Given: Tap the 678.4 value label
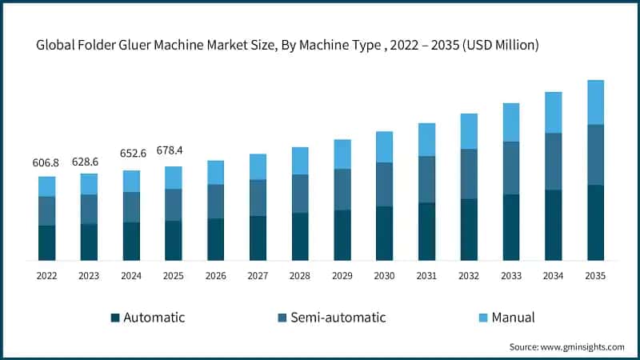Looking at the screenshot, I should click(174, 150).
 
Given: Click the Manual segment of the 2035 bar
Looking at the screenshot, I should click(595, 102).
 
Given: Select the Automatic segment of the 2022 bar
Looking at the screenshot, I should click(47, 242).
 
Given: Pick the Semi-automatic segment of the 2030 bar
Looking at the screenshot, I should click(384, 184).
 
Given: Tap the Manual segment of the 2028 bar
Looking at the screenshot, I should click(300, 161).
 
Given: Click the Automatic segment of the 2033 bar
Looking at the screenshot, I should click(511, 227).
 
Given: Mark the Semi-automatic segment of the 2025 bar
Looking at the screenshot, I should click(174, 205).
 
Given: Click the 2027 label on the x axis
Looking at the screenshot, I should click(258, 276).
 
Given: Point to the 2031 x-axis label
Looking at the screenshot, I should click(426, 276).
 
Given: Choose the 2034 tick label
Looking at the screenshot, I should click(553, 276).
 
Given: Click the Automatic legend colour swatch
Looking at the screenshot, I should click(115, 318).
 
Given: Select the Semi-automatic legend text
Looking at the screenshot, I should click(338, 318).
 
